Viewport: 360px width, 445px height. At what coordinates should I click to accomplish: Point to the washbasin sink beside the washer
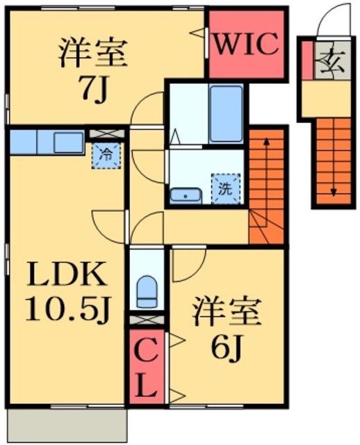[186, 194]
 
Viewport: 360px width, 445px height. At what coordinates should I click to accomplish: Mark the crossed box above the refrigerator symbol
[106, 131]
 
